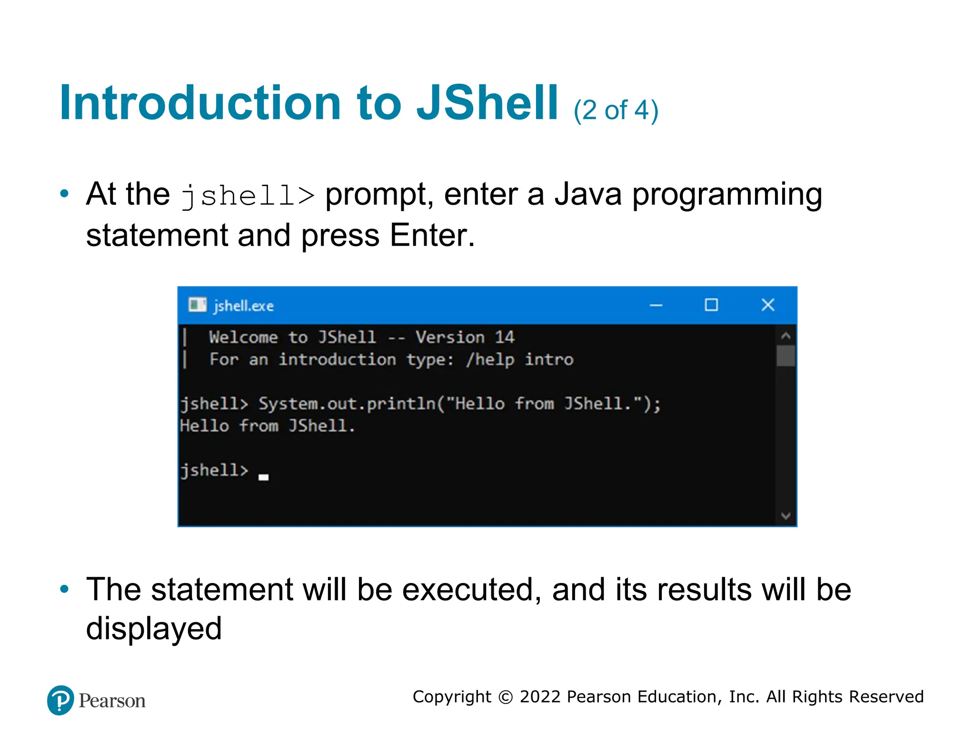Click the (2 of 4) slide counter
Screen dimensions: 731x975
click(x=616, y=110)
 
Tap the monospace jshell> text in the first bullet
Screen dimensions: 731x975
click(x=248, y=196)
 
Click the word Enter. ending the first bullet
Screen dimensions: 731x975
click(x=432, y=236)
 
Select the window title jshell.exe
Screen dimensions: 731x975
click(x=243, y=306)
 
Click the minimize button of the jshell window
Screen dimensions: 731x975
click(x=656, y=305)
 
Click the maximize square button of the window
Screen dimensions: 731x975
click(x=711, y=305)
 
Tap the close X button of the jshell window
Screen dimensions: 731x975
click(x=767, y=305)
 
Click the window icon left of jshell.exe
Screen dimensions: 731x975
click(x=197, y=305)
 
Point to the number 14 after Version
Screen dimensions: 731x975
click(x=504, y=337)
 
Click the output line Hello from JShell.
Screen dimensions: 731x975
click(x=267, y=426)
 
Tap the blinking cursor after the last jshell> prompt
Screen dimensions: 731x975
click(x=263, y=477)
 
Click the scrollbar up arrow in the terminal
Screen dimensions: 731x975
click(x=786, y=336)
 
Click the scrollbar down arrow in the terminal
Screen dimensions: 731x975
click(x=786, y=516)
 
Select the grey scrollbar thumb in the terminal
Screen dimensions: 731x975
click(x=786, y=356)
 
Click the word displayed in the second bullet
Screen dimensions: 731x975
click(x=154, y=629)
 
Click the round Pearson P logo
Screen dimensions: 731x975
click(x=60, y=700)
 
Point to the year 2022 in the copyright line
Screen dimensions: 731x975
click(x=540, y=697)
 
